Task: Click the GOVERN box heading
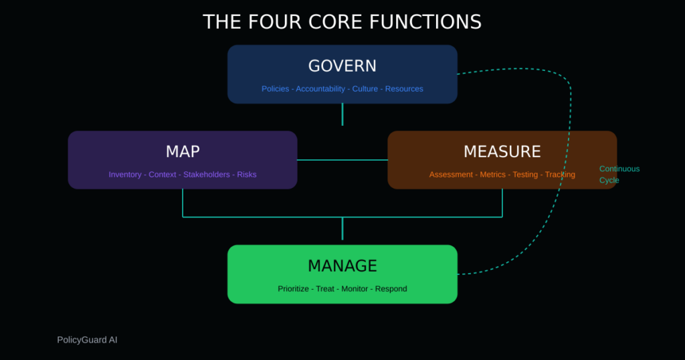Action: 342,66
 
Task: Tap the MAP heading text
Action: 183,151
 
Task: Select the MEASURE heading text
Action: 502,151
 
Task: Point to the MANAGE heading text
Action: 342,266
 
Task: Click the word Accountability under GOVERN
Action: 321,89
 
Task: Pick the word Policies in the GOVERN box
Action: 275,89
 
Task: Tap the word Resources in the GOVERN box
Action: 404,89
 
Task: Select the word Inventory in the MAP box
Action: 125,175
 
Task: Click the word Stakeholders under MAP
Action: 207,175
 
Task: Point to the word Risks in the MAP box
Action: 246,175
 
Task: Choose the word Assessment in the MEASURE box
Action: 452,175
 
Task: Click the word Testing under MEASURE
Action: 525,175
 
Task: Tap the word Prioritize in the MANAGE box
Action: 293,289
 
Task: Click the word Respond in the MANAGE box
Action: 391,289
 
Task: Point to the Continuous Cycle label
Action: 619,175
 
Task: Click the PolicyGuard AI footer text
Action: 87,340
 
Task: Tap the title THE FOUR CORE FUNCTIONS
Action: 342,21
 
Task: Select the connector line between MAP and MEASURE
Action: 342,160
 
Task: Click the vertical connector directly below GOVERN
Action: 342,114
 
